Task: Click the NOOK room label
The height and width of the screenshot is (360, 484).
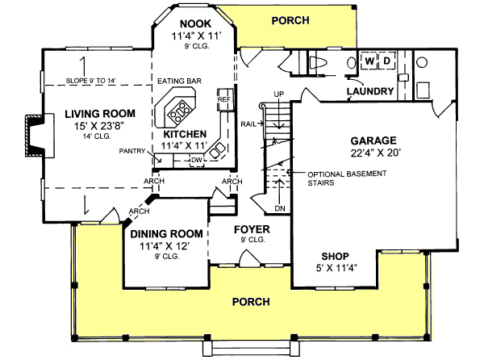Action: pyautogui.click(x=194, y=23)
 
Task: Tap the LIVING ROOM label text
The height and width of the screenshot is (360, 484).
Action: pyautogui.click(x=100, y=114)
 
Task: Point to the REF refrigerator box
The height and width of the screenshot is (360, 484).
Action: pyautogui.click(x=224, y=99)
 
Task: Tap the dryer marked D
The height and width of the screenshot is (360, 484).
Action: pyautogui.click(x=386, y=61)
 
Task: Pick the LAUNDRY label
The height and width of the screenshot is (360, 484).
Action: pyautogui.click(x=370, y=91)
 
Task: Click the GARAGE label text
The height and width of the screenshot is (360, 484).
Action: pyautogui.click(x=373, y=140)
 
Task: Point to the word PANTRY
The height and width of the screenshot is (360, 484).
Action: pyautogui.click(x=131, y=151)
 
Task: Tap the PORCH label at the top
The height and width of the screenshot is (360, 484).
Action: pyautogui.click(x=290, y=19)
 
